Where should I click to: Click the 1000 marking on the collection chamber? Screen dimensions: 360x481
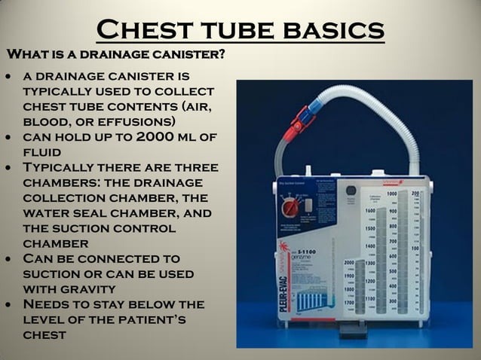[x=392, y=194]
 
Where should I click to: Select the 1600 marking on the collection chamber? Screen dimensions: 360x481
[x=369, y=212]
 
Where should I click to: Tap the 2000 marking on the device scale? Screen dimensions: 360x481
[x=349, y=263]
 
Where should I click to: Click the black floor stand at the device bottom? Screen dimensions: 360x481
[x=349, y=331]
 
